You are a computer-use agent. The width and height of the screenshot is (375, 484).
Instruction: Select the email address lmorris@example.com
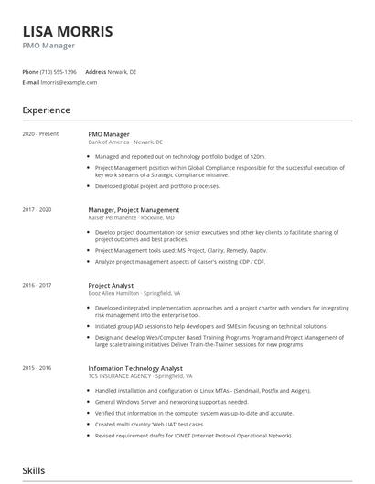point(69,81)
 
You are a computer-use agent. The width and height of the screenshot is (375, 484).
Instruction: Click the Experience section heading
point(46,110)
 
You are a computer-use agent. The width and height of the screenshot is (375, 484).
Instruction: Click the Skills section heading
point(33,468)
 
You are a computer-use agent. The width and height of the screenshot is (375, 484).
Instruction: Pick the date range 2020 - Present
point(40,134)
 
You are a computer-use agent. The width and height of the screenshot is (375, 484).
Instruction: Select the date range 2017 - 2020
point(38,209)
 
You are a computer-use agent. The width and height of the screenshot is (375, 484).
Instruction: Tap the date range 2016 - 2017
point(38,285)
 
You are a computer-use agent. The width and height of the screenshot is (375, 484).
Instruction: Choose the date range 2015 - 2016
point(38,368)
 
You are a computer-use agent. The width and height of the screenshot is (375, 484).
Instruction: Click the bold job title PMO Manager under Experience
point(109,134)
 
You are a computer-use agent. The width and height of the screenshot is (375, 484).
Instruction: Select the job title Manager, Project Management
point(134,209)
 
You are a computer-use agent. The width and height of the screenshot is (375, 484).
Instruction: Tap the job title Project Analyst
point(111,285)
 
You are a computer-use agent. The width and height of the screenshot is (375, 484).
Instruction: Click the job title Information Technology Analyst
point(135,368)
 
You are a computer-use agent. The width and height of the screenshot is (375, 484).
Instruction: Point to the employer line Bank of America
point(125,142)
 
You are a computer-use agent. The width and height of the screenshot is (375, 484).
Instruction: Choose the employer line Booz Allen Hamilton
point(134,293)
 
